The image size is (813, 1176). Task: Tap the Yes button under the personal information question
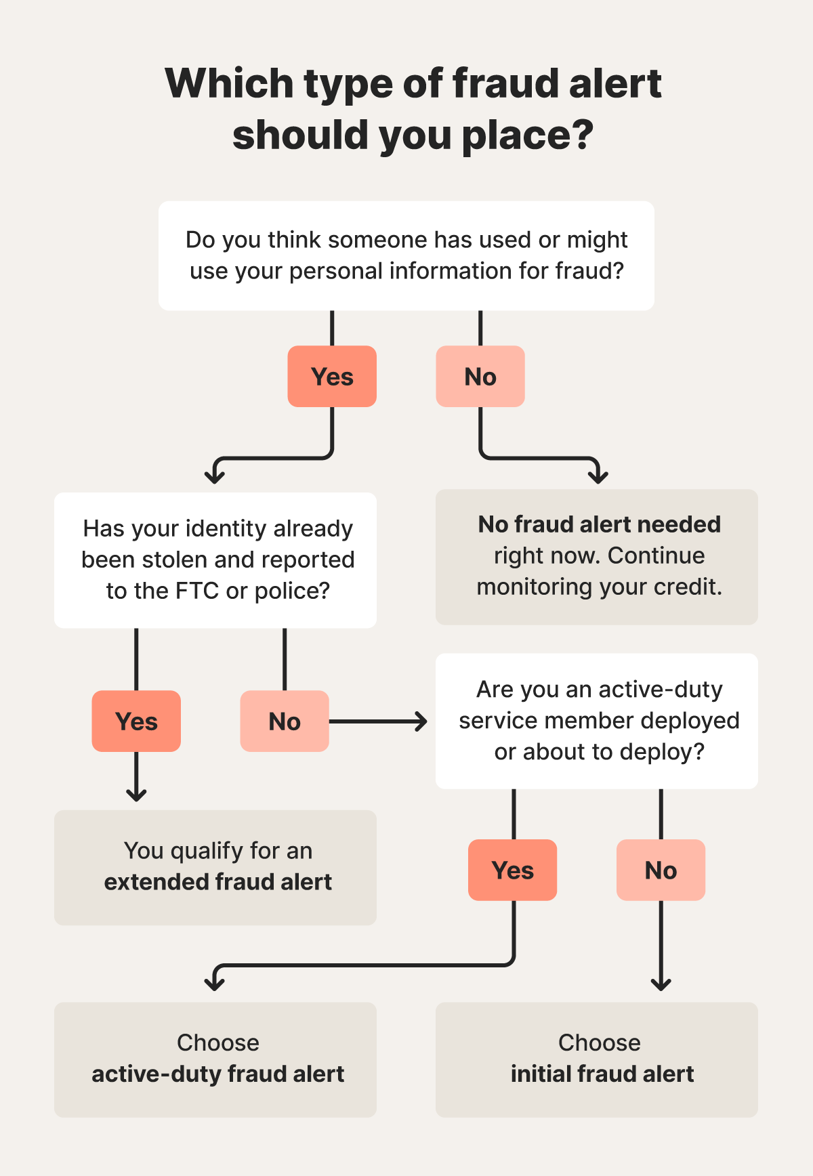pyautogui.click(x=332, y=377)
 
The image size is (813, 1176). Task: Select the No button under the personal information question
pyautogui.click(x=480, y=377)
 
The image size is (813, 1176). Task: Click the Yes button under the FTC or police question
pyautogui.click(x=136, y=721)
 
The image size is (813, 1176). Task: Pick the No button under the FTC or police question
pyautogui.click(x=285, y=721)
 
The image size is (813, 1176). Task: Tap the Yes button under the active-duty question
pyautogui.click(x=513, y=870)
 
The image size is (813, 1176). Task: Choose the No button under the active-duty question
pyautogui.click(x=661, y=870)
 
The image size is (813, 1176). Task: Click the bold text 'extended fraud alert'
pyautogui.click(x=218, y=882)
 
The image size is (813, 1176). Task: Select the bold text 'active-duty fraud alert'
pyautogui.click(x=218, y=1074)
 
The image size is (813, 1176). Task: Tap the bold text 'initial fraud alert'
pyautogui.click(x=602, y=1074)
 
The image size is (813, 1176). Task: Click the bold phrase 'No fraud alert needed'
pyautogui.click(x=600, y=524)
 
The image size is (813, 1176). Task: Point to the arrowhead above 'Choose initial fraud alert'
pyautogui.click(x=661, y=984)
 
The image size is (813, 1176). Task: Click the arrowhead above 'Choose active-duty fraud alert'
pyautogui.click(x=215, y=984)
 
